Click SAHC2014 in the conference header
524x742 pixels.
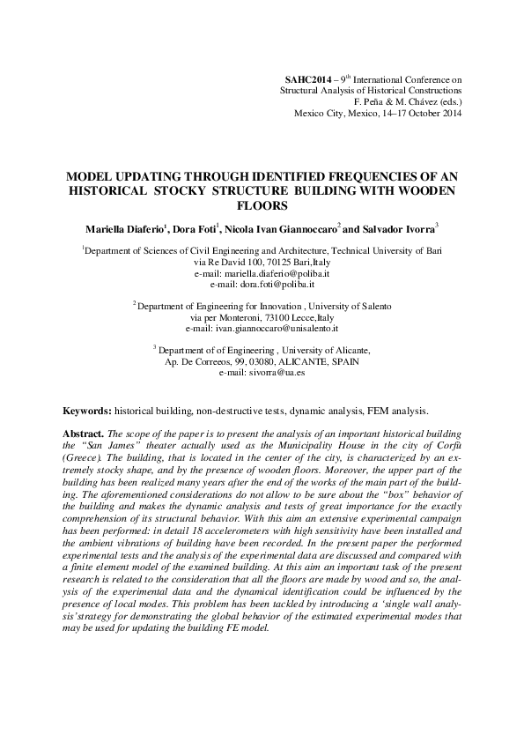tap(297, 79)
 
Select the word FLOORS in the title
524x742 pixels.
tap(262, 206)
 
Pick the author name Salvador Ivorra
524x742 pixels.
tap(398, 228)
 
